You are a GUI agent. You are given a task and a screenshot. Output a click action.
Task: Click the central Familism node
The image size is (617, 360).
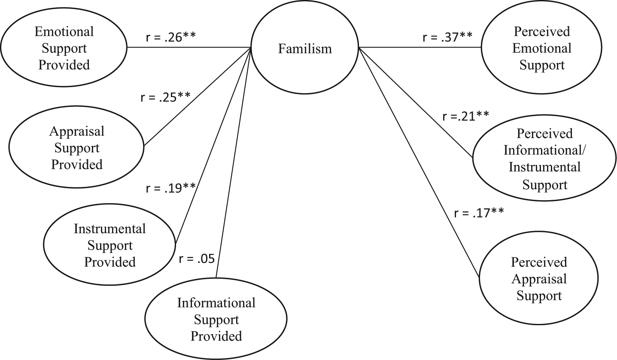305,47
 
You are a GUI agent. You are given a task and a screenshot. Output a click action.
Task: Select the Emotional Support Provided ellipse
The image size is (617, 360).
64,47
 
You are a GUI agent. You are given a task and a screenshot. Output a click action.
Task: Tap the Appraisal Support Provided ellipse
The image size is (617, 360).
76,147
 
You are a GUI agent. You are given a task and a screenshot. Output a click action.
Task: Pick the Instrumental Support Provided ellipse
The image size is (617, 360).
109,244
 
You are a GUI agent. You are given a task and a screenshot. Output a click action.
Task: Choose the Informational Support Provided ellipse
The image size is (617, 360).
216,318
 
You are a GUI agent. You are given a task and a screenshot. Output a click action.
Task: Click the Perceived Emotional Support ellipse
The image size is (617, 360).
541,47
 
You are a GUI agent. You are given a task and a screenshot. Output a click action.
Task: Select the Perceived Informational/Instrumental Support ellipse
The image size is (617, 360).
544,158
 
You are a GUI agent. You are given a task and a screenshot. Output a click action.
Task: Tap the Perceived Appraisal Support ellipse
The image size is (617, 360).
539,278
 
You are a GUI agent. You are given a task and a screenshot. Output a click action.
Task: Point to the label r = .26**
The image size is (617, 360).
171,37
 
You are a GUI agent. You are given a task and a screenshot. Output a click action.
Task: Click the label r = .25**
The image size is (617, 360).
166,97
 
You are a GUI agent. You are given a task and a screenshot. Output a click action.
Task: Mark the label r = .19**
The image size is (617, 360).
171,188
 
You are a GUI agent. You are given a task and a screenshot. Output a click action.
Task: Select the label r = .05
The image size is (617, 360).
197,259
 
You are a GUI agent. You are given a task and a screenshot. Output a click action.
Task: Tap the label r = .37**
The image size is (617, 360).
447,37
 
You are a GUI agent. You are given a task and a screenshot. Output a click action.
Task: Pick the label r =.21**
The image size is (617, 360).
466,116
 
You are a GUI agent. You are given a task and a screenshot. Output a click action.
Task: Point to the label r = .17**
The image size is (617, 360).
479,213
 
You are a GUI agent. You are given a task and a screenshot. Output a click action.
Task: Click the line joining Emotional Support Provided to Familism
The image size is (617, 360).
189,47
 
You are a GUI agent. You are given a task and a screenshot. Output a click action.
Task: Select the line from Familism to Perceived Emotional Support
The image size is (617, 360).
420,47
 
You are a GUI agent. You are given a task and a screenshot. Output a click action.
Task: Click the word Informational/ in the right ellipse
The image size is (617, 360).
544,150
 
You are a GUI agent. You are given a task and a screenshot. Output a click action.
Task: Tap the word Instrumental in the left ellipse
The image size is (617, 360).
109,229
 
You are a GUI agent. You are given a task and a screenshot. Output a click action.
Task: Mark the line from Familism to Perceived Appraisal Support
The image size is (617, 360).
419,162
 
